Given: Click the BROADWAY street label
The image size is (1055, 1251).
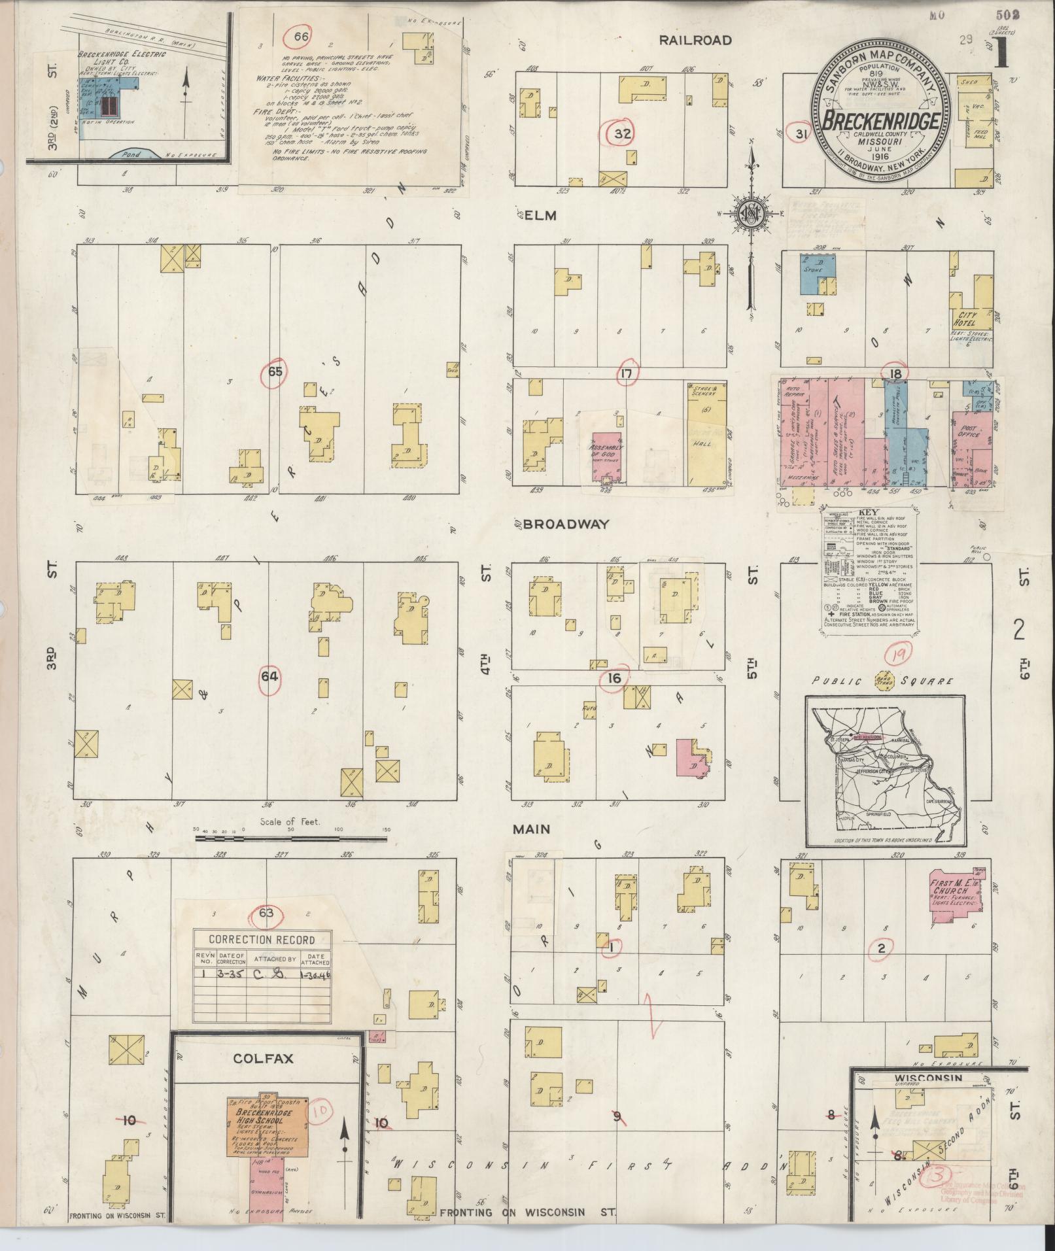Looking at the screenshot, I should pos(566,524).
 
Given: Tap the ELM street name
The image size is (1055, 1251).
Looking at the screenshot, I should pos(540,215).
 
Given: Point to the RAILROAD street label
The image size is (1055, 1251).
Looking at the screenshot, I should pos(695,40).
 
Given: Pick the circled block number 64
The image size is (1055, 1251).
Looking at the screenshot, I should pos(269,676).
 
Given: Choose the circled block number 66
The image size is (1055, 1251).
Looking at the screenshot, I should pos(301,37).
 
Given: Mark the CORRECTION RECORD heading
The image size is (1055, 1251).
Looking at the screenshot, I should pos(261,940).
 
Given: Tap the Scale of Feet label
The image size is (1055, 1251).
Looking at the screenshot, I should pos(290,821).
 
